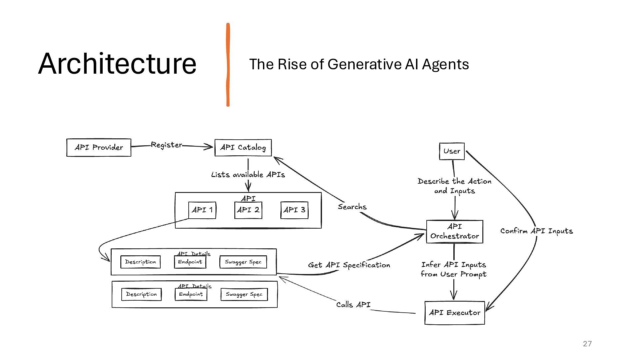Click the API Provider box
tap(99, 148)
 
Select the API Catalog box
tap(243, 148)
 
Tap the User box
tap(452, 151)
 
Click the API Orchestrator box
tap(455, 232)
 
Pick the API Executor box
tap(455, 313)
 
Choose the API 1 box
tap(202, 210)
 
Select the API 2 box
tap(248, 210)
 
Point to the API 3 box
tap(294, 210)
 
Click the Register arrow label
tap(166, 145)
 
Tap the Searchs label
tap(352, 207)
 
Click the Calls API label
tap(353, 305)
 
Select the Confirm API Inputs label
tap(537, 231)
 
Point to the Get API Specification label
tap(349, 265)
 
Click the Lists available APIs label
tap(248, 175)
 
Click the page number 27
tap(587, 344)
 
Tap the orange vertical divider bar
tap(228, 65)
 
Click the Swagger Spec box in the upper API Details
tap(243, 262)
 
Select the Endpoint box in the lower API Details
tap(191, 294)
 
